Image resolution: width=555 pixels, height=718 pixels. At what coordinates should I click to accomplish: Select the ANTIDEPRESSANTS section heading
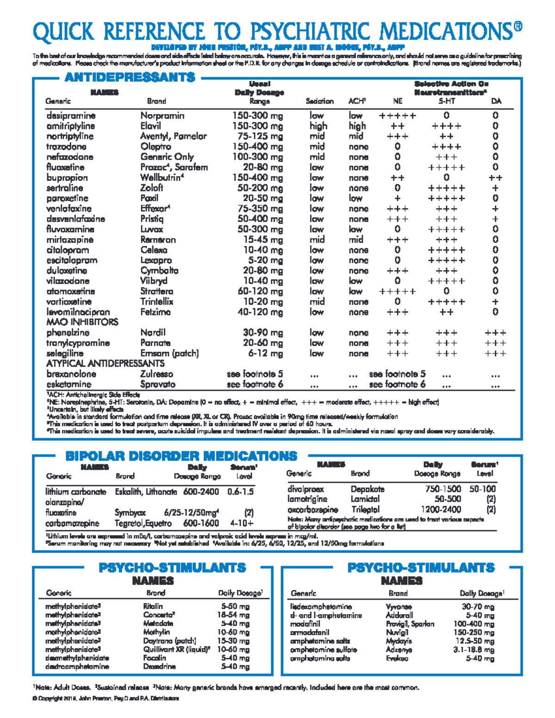pyautogui.click(x=130, y=77)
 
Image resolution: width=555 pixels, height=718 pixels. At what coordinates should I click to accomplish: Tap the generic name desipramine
pyautogui.click(x=71, y=116)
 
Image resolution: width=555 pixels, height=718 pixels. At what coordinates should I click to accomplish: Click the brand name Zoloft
pyautogui.click(x=152, y=188)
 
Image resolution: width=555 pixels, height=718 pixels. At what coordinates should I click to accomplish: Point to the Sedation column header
pyautogui.click(x=319, y=101)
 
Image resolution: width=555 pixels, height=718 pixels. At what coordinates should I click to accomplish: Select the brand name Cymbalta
pyautogui.click(x=159, y=270)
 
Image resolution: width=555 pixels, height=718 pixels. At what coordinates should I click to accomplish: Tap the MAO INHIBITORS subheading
pyautogui.click(x=82, y=322)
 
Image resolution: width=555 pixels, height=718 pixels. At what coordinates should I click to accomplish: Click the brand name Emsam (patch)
pyautogui.click(x=169, y=354)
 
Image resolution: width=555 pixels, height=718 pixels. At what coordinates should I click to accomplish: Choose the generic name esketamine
pyautogui.click(x=69, y=385)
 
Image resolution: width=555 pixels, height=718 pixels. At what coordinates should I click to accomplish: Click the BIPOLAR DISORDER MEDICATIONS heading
pyautogui.click(x=181, y=456)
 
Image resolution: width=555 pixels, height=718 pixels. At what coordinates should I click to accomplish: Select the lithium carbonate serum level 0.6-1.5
pyautogui.click(x=240, y=492)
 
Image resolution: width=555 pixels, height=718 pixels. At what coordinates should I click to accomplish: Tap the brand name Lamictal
pyautogui.click(x=365, y=499)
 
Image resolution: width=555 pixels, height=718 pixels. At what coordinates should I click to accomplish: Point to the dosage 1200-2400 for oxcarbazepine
pyautogui.click(x=440, y=509)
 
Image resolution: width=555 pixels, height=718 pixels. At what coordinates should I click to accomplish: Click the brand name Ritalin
pyautogui.click(x=153, y=606)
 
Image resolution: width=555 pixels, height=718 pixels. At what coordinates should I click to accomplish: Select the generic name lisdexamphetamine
pyautogui.click(x=321, y=607)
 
